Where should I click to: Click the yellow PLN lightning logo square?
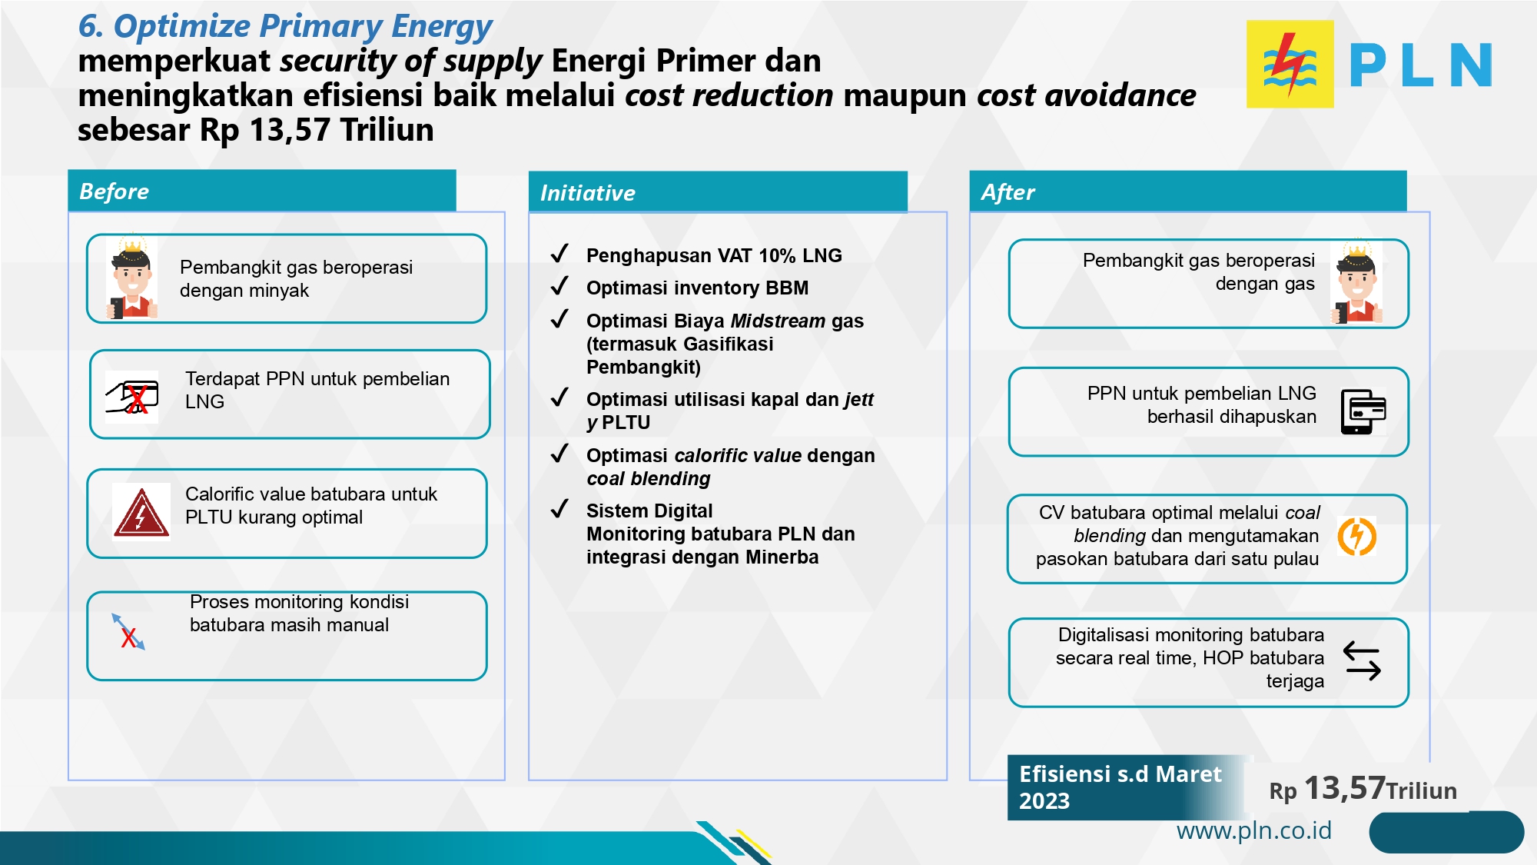point(1290,64)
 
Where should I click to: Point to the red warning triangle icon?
point(141,512)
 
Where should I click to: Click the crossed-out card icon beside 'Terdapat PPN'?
point(132,397)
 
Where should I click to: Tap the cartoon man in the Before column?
point(132,277)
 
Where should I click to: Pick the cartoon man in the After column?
point(1356,282)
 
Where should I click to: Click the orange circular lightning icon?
point(1357,536)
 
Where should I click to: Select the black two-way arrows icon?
point(1362,661)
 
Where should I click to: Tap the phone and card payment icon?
point(1363,411)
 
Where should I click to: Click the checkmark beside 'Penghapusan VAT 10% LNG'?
point(559,253)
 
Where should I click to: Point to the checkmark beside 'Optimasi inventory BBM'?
point(559,286)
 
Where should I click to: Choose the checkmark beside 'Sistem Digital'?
point(559,508)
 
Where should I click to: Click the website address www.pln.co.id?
point(1254,830)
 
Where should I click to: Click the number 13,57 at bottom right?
point(1345,787)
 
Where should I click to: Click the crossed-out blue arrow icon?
point(128,632)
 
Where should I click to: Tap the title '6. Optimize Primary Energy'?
point(285,26)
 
